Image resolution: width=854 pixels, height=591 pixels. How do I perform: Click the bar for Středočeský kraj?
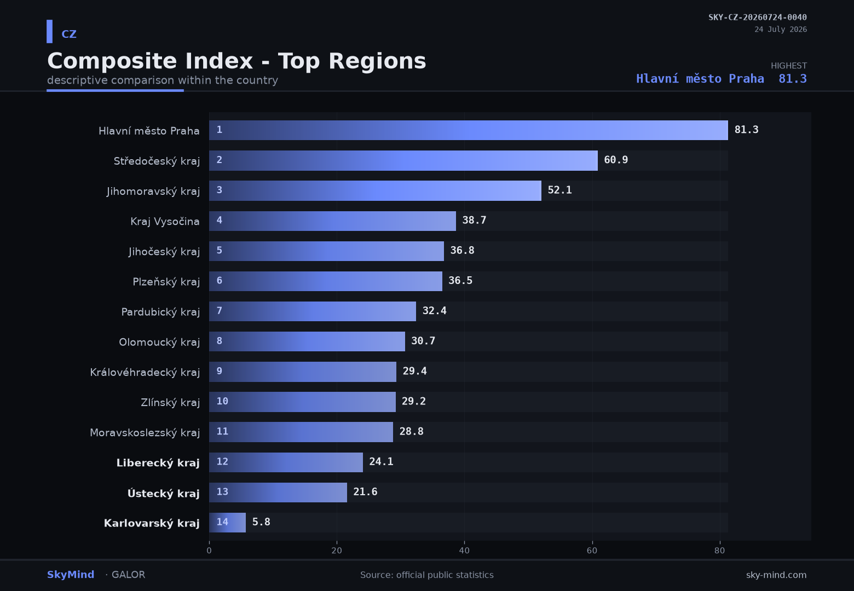click(403, 160)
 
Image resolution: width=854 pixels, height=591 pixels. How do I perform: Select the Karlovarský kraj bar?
click(227, 523)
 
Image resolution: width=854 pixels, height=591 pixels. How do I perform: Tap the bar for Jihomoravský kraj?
click(375, 190)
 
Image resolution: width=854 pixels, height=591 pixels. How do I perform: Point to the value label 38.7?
click(474, 220)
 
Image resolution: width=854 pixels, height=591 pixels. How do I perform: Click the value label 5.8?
click(261, 522)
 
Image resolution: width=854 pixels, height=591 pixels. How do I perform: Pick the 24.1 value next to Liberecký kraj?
click(381, 461)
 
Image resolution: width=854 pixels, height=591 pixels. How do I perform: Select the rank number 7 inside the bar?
click(219, 311)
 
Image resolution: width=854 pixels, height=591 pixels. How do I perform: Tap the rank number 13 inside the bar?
click(222, 491)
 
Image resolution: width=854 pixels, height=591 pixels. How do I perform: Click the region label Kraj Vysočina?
click(165, 222)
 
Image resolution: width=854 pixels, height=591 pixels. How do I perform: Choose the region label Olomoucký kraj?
click(159, 342)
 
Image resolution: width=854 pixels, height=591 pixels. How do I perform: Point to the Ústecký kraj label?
click(164, 493)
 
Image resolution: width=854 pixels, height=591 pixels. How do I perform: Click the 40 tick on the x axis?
click(464, 551)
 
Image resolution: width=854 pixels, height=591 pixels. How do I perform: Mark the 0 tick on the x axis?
click(209, 551)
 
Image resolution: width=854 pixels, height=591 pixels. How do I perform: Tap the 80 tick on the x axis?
click(720, 551)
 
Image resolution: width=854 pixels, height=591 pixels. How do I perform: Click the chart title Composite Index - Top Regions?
click(236, 61)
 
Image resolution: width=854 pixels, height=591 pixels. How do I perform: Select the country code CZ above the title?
click(69, 34)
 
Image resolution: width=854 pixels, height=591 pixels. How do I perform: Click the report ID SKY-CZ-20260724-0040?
click(758, 17)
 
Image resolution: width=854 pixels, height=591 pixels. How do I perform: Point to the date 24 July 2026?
click(781, 30)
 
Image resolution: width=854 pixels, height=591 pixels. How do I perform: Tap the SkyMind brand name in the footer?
click(71, 575)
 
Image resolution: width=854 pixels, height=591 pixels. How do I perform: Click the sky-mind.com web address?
click(776, 575)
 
